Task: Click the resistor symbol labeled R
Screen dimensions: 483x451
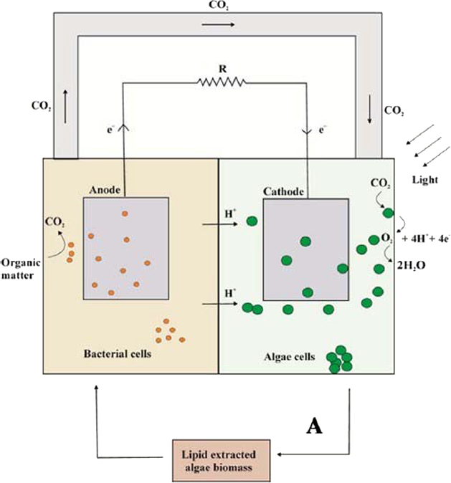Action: [222, 84]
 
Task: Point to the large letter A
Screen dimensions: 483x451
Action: [313, 426]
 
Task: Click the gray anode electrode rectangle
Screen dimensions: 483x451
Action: [126, 247]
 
